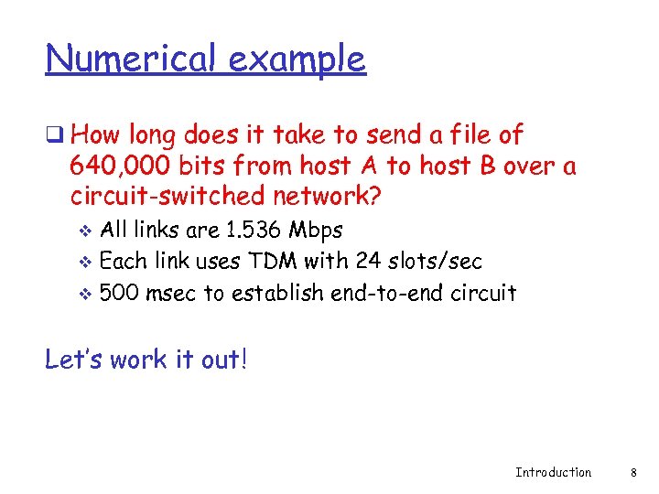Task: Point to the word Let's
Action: [x=73, y=360]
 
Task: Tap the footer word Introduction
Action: [x=553, y=472]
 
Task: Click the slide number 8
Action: [x=633, y=472]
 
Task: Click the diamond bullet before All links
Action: [x=87, y=230]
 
